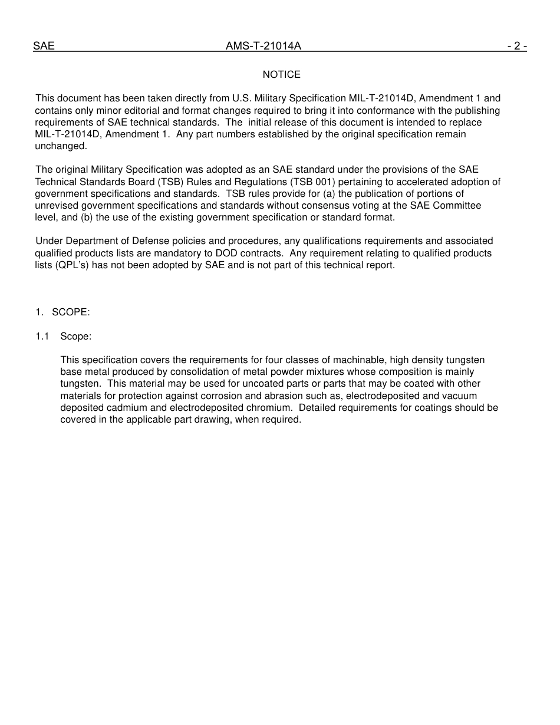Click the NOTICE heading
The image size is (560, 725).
pyautogui.click(x=281, y=74)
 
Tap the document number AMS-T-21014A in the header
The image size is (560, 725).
pyautogui.click(x=263, y=46)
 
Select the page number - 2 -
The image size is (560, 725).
pyautogui.click(x=516, y=46)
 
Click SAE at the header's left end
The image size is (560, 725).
pyautogui.click(x=44, y=46)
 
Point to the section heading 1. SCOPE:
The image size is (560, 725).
pyautogui.click(x=62, y=312)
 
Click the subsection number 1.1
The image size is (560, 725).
pyautogui.click(x=42, y=336)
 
